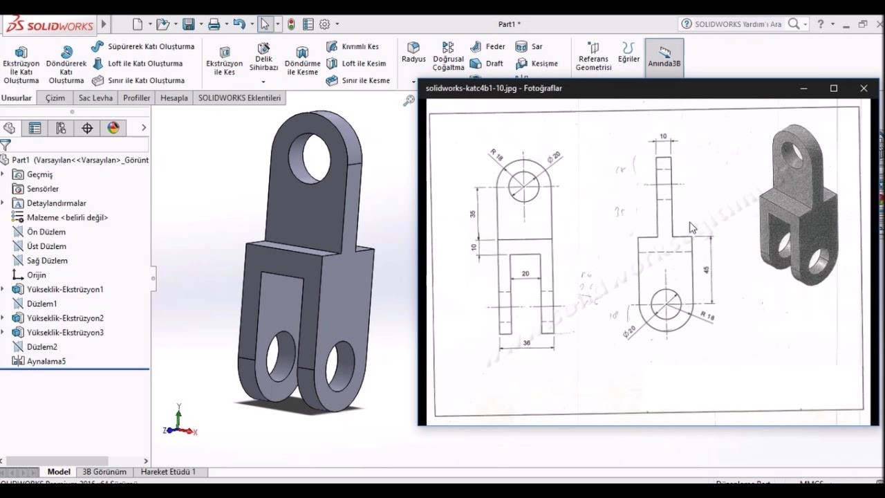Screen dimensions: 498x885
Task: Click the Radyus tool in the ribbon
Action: pos(413,52)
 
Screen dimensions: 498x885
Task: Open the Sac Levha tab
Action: pos(95,98)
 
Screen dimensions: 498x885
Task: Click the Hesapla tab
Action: pos(174,98)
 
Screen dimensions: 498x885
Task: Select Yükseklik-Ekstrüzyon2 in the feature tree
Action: pos(64,318)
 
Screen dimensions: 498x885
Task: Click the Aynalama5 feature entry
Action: pos(46,361)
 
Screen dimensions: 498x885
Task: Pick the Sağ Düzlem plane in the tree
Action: pos(47,261)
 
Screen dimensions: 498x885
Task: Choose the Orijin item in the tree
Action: pos(36,275)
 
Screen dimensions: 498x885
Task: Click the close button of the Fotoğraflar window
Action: pos(864,89)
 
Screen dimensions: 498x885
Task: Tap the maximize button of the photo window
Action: pos(834,89)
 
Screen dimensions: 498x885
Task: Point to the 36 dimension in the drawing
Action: pos(527,343)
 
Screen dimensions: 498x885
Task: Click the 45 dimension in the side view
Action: pos(706,269)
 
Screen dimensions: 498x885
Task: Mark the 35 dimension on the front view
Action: pos(474,214)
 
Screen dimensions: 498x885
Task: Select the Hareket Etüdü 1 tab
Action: pos(168,472)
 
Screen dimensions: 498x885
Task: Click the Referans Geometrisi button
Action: pos(593,56)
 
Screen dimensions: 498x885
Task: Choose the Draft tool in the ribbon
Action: pos(487,64)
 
